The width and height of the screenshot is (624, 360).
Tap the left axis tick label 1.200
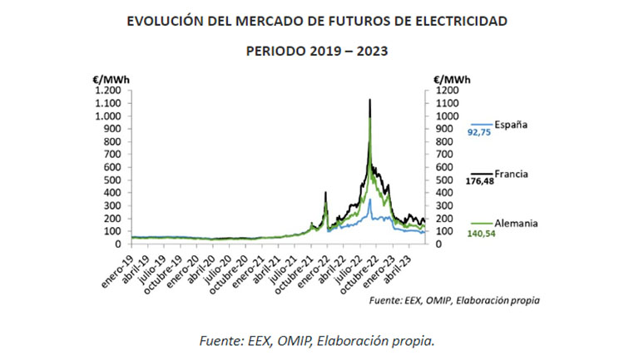(x=107, y=90)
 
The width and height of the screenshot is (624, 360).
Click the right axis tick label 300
(x=444, y=193)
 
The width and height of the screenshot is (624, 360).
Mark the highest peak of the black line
(x=369, y=100)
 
